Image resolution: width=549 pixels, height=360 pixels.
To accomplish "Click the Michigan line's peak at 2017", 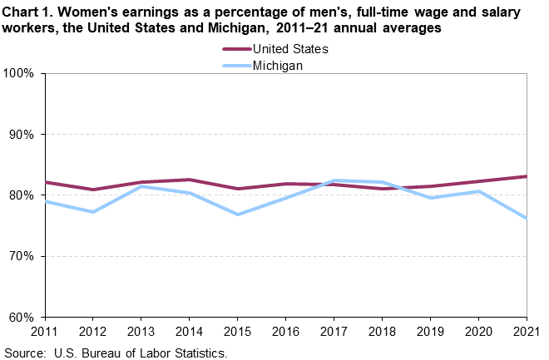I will (334, 180).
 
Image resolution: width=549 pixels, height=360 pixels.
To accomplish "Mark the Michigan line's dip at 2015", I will (238, 215).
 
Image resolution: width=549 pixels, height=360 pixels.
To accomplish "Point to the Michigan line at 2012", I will (93, 212).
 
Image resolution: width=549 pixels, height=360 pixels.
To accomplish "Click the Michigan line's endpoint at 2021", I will (527, 218).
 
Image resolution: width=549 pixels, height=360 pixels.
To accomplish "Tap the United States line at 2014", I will (190, 180).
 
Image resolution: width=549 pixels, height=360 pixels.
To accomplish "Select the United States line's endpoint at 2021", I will (527, 176).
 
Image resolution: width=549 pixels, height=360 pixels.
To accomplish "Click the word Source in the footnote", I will (25, 353).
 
